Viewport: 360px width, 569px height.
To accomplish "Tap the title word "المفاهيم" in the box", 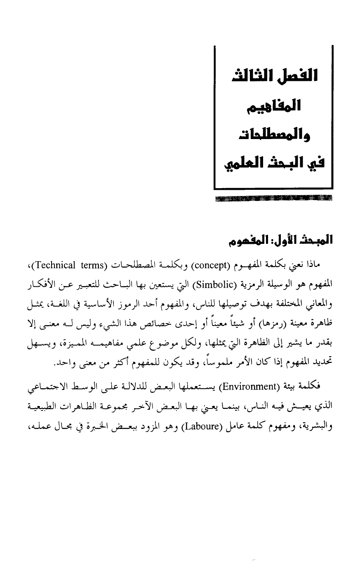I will [x=274, y=106].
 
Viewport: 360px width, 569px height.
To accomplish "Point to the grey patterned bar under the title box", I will [x=273, y=198].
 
